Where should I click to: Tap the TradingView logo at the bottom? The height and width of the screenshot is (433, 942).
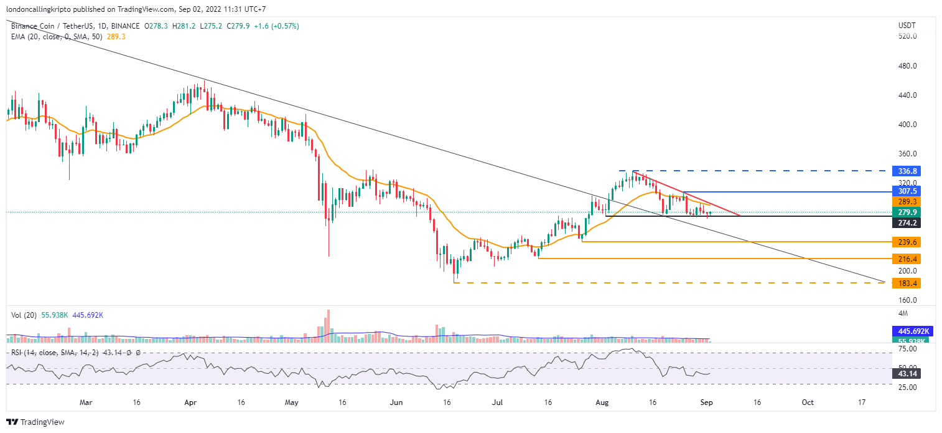click(35, 422)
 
